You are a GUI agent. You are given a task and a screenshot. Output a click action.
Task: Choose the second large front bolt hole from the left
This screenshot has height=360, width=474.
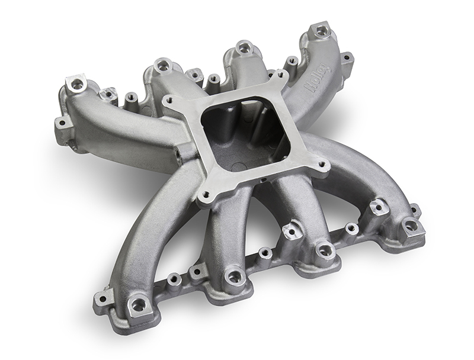pos(235,277)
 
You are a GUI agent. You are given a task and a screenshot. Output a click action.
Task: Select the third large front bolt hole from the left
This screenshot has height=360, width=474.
pos(324,250)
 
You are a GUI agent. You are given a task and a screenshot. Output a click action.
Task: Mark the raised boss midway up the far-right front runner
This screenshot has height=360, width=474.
pos(377,207)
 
